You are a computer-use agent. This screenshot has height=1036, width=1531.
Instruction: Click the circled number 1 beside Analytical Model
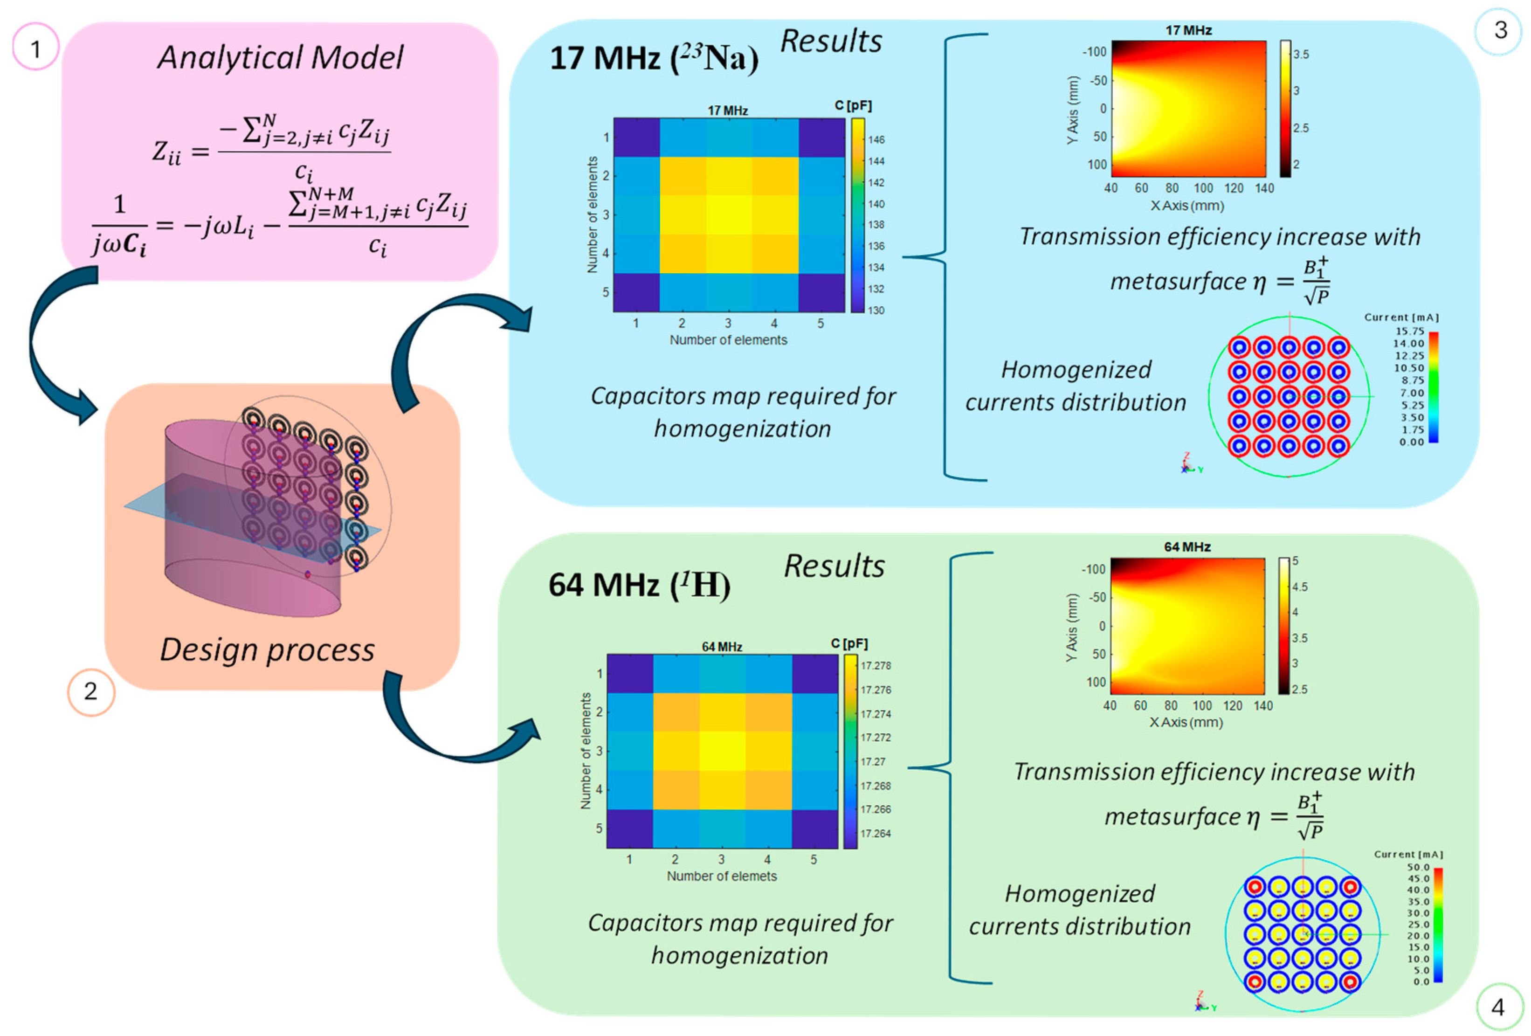35,48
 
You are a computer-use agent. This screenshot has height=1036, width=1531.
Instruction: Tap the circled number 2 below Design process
91,691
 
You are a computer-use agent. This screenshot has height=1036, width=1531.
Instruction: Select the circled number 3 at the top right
1500,30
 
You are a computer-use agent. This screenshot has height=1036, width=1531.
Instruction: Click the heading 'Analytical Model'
280,57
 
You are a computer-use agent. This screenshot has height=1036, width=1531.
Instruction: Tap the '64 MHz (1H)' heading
639,585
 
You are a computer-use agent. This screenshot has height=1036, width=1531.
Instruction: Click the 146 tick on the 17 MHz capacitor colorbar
876,140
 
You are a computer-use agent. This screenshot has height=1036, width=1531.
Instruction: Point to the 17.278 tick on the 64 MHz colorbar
876,666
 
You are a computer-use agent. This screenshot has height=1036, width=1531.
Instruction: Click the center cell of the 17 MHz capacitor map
729,215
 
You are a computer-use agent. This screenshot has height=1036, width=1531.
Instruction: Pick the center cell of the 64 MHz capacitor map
722,751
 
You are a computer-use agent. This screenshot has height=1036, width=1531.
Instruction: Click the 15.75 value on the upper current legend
1409,331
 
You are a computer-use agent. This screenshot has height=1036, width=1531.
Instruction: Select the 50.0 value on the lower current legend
1418,867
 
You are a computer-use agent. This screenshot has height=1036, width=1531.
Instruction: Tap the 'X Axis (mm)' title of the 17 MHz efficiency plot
1187,206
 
